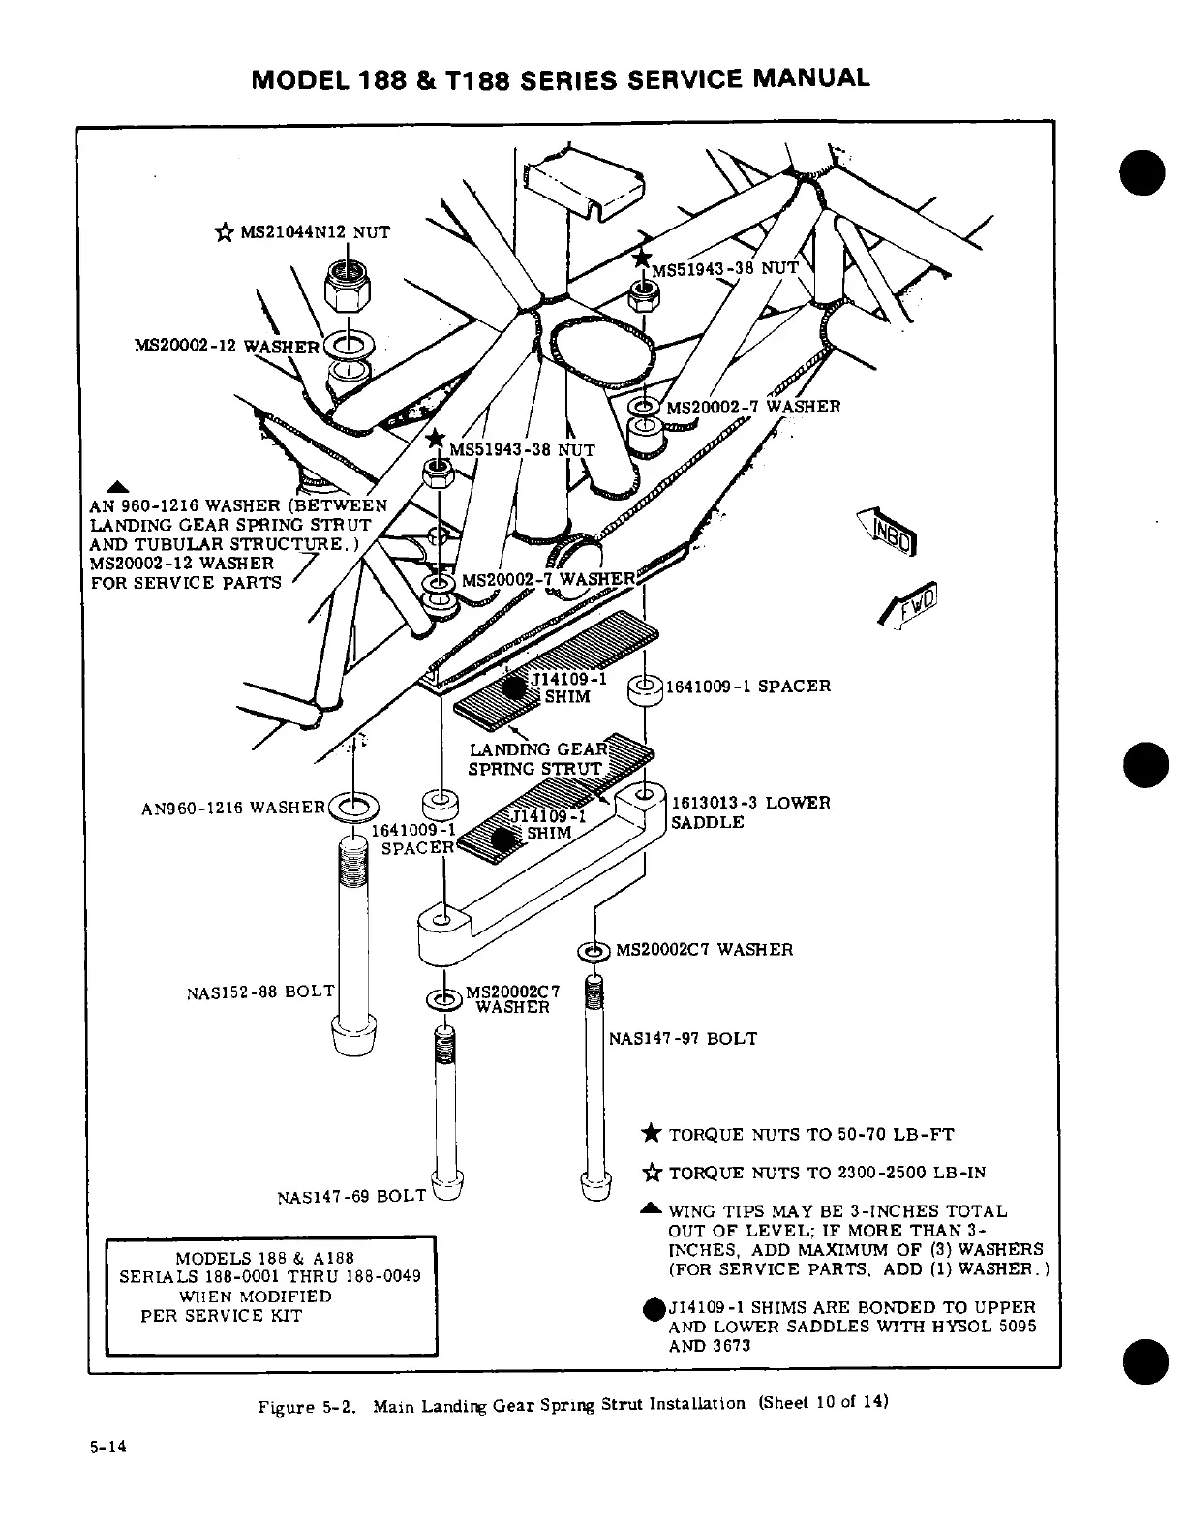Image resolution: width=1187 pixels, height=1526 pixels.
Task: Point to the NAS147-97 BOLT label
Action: (x=683, y=1039)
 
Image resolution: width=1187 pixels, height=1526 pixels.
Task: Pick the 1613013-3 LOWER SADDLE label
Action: (x=750, y=812)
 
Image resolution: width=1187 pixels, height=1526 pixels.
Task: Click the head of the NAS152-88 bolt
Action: (x=352, y=1038)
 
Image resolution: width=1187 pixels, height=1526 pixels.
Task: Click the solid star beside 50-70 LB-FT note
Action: (x=653, y=1134)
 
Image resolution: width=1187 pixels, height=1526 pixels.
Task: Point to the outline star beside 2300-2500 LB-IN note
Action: (x=653, y=1173)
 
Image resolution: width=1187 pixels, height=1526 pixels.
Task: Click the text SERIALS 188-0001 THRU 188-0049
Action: (x=270, y=1277)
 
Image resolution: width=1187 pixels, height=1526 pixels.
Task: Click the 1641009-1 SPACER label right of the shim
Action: (x=747, y=687)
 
